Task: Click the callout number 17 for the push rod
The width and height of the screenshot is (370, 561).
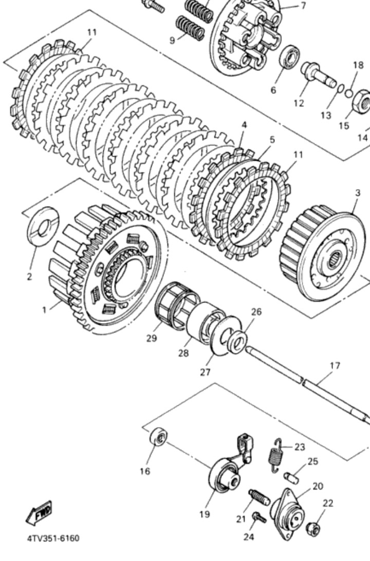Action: pyautogui.click(x=335, y=366)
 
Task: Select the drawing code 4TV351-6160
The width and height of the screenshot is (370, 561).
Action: pyautogui.click(x=53, y=538)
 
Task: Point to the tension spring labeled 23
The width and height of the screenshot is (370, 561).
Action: pyautogui.click(x=276, y=454)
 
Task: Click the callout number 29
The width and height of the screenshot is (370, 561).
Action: pyautogui.click(x=151, y=338)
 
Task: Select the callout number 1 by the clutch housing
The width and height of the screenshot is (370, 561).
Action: pyautogui.click(x=45, y=310)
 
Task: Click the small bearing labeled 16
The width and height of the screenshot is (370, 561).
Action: pyautogui.click(x=158, y=438)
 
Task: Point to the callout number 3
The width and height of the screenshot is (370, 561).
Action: pyautogui.click(x=358, y=193)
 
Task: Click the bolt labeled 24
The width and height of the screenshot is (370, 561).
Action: pyautogui.click(x=260, y=518)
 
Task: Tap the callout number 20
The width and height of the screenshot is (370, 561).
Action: pyautogui.click(x=318, y=486)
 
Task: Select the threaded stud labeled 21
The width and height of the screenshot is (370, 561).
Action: pyautogui.click(x=259, y=497)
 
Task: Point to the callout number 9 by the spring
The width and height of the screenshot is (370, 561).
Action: pyautogui.click(x=173, y=40)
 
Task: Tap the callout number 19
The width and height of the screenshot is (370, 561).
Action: pyautogui.click(x=205, y=514)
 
